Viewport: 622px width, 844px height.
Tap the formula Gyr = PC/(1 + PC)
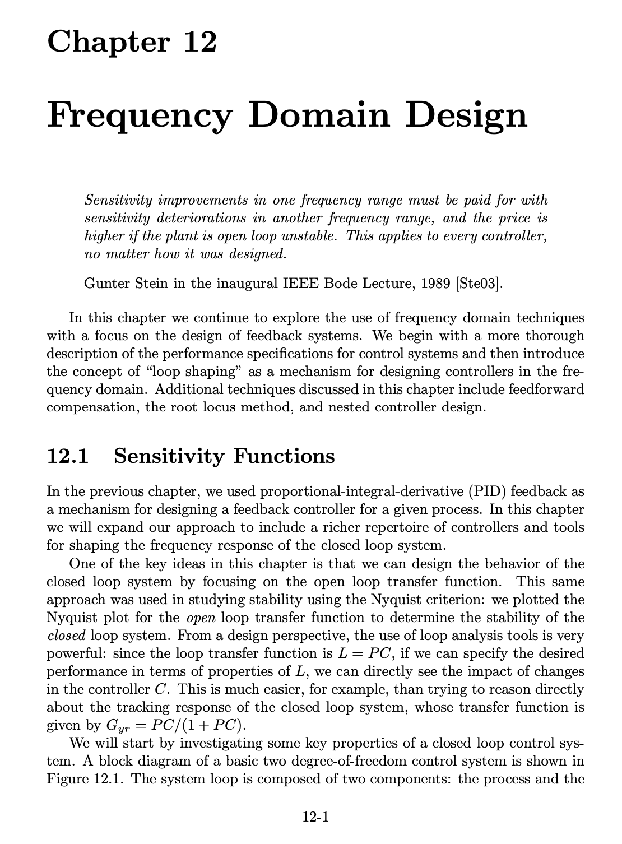pos(174,726)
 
